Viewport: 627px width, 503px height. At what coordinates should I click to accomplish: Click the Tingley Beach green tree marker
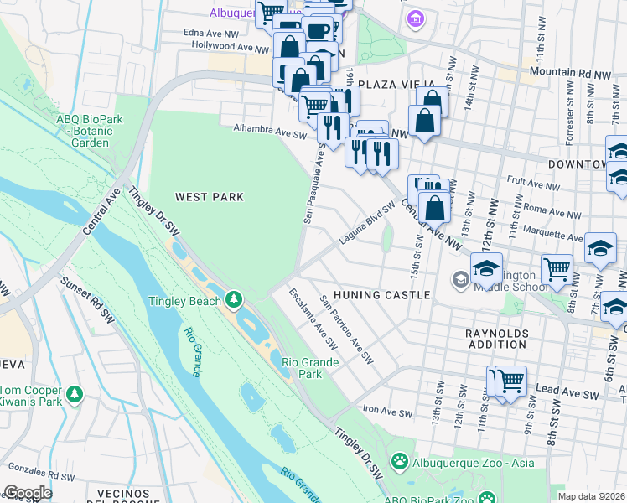tap(233, 299)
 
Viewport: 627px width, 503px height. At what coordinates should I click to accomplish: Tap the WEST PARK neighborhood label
tap(209, 197)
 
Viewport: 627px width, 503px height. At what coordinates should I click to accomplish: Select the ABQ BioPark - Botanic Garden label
tap(90, 131)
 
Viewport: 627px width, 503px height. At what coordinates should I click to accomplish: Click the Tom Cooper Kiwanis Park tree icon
tap(75, 392)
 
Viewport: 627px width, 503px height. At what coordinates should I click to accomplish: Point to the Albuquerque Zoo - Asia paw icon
tap(402, 462)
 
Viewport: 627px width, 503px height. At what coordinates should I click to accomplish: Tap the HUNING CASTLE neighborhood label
tap(381, 295)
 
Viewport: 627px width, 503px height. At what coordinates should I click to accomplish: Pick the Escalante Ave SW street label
tap(312, 319)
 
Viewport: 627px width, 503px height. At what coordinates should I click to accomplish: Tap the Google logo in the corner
tap(28, 493)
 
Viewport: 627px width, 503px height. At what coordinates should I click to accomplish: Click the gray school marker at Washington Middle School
tap(460, 278)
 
